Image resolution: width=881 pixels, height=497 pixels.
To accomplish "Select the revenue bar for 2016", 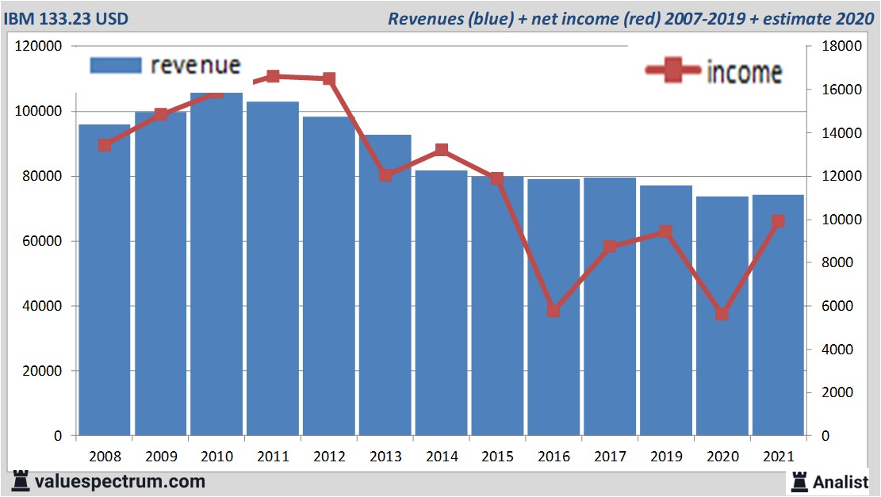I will click(x=553, y=309).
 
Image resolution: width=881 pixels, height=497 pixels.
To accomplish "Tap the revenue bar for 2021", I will click(x=778, y=317).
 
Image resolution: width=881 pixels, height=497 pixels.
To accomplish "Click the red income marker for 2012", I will click(x=329, y=79).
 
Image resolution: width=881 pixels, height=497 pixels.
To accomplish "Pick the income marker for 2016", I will click(x=553, y=311).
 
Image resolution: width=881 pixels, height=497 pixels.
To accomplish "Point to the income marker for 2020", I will click(x=722, y=314).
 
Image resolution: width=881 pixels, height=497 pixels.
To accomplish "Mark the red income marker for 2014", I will click(x=442, y=151).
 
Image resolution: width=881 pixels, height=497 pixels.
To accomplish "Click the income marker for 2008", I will click(x=105, y=145).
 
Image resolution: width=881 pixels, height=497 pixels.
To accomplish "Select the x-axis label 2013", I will click(x=385, y=457).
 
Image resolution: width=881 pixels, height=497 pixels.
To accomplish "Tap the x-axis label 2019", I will click(x=666, y=457).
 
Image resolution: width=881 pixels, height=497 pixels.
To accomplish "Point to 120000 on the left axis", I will click(x=39, y=47).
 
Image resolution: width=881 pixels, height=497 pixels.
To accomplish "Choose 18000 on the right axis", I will click(x=839, y=47).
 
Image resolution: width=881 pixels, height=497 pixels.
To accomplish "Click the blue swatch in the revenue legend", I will click(x=116, y=65).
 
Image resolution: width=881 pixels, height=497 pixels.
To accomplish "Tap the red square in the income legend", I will click(x=673, y=71).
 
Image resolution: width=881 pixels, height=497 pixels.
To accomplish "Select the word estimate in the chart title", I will click(x=794, y=18).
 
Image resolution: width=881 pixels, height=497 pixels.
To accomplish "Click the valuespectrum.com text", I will click(x=119, y=481).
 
